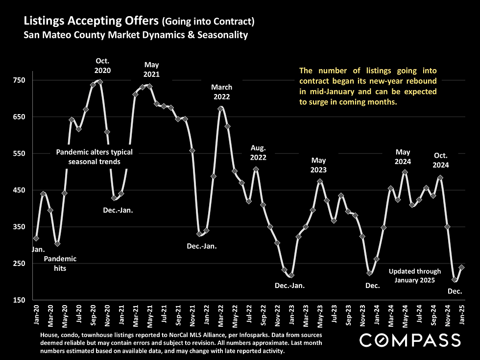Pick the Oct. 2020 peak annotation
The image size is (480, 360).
coord(102,65)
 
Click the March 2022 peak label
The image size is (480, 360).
coord(221,92)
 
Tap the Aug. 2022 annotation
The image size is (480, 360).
coord(258,152)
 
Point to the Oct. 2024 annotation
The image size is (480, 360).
coord(441,160)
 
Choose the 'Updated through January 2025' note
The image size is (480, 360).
coord(415,275)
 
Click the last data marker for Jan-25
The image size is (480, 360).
coord(462,267)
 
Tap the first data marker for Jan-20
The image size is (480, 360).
coord(36,238)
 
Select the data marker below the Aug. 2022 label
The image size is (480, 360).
coord(256,169)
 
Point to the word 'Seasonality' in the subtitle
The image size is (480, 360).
coord(222,35)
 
